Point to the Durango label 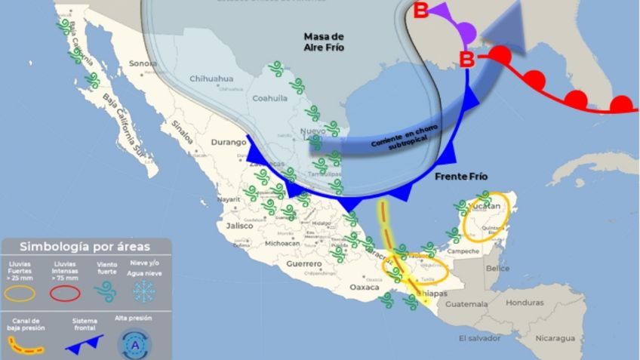pyautogui.click(x=229, y=142)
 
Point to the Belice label pyautogui.click(x=497, y=268)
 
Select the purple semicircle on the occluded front pyautogui.click(x=467, y=32)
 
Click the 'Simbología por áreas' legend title pyautogui.click(x=85, y=246)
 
